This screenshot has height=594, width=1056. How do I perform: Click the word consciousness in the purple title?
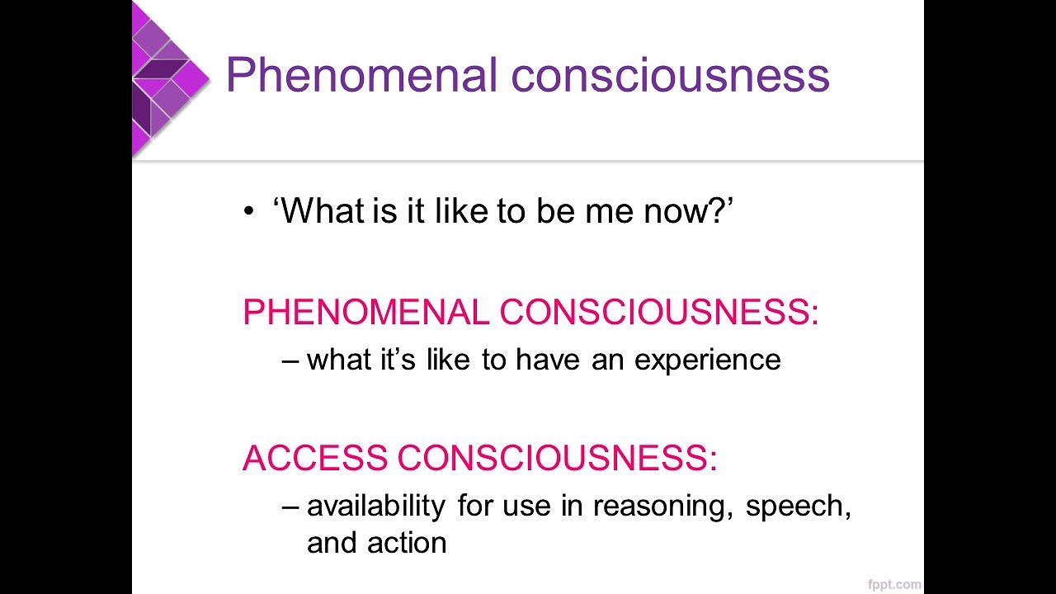[670, 76]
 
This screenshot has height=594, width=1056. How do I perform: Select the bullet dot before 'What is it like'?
[249, 214]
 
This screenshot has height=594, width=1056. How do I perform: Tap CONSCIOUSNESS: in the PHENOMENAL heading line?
[659, 313]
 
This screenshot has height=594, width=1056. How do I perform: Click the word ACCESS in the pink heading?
[314, 458]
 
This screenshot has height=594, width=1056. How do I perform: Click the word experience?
[707, 360]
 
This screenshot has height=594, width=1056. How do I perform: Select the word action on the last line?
[406, 542]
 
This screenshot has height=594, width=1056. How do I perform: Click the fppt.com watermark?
[894, 584]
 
